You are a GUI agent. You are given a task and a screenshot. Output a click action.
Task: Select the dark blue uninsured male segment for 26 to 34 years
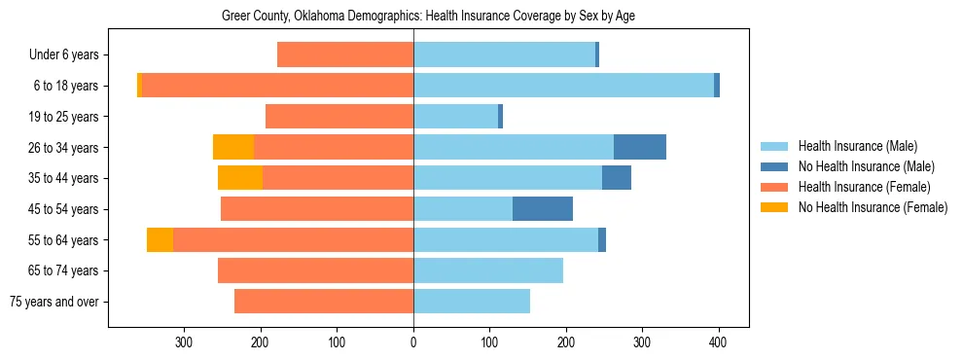click(639, 147)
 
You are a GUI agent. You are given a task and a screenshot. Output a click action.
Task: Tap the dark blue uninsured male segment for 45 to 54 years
click(542, 208)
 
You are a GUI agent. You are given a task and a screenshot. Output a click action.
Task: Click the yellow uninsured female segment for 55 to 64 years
click(160, 239)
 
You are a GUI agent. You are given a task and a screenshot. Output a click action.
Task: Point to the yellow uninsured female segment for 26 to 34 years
click(233, 147)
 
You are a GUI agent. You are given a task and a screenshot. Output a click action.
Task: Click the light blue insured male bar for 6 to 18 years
click(563, 86)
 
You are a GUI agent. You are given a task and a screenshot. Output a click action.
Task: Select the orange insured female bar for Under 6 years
click(345, 54)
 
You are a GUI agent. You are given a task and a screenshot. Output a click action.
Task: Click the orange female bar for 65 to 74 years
click(332, 270)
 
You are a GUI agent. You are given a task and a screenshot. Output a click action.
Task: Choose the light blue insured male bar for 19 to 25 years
click(455, 117)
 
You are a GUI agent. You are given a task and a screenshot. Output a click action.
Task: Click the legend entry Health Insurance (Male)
click(857, 146)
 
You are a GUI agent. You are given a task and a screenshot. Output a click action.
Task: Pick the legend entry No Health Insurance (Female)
click(873, 207)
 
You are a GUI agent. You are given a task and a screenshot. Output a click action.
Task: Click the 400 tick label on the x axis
click(719, 342)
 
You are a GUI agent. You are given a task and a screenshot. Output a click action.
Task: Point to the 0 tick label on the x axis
click(413, 342)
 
